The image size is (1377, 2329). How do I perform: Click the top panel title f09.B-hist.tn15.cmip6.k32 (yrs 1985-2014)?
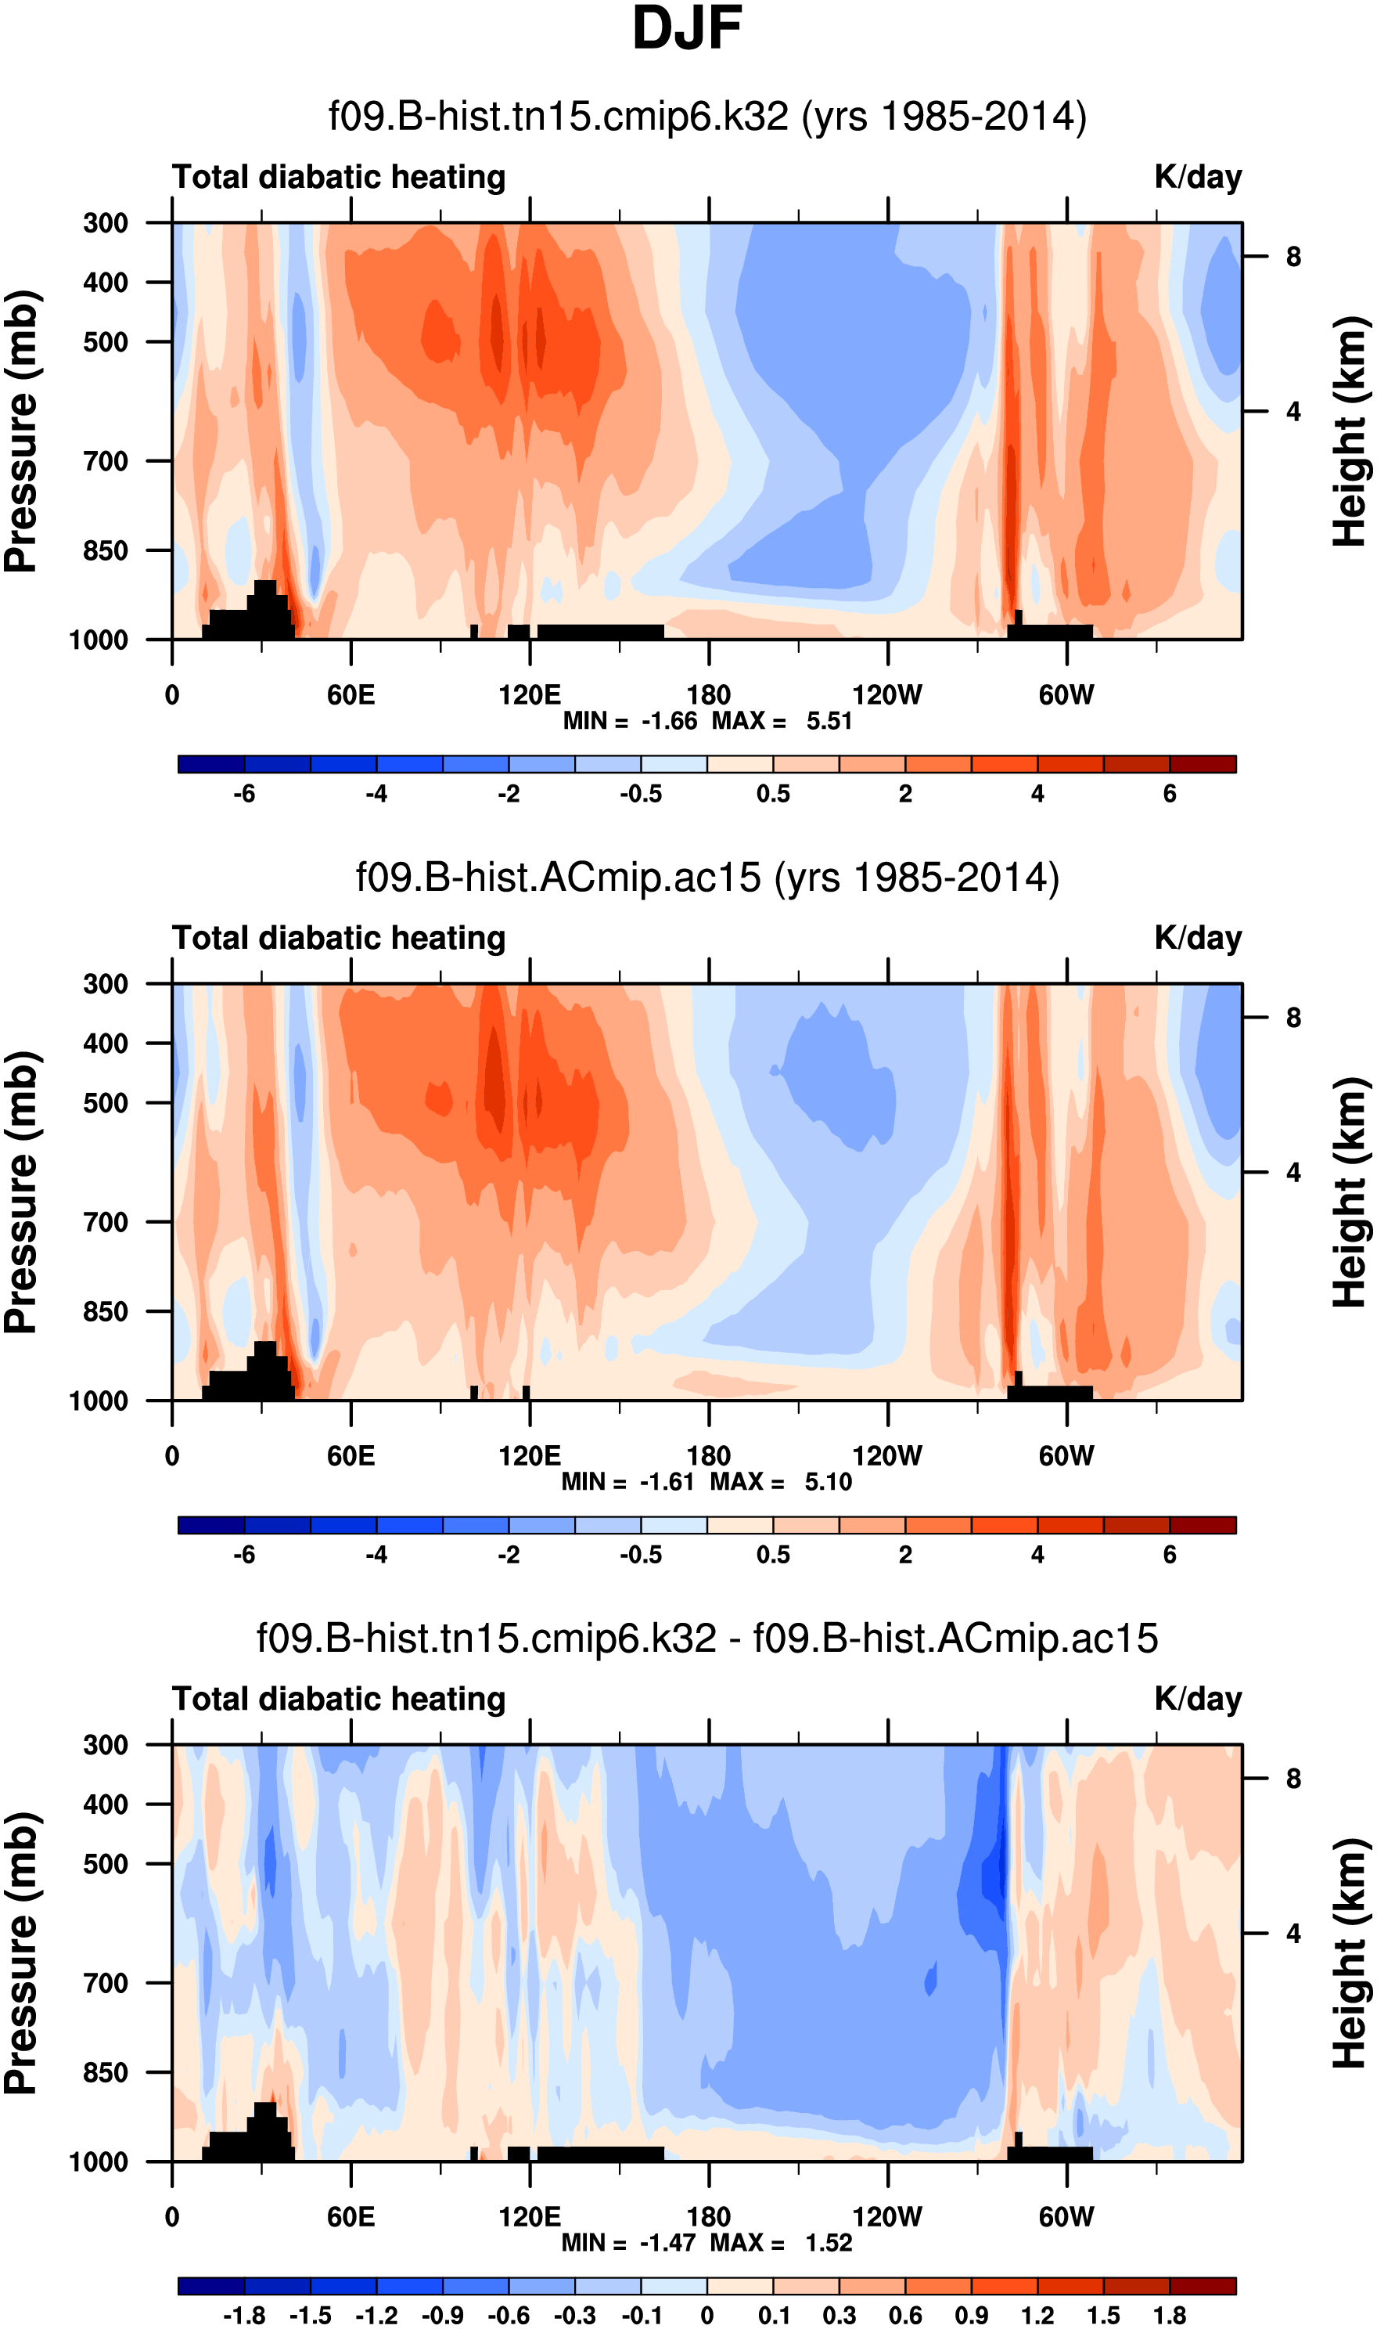click(x=707, y=117)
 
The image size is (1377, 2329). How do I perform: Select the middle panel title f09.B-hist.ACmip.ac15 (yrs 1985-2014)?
click(x=707, y=878)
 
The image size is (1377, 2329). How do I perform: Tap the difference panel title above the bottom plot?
click(x=707, y=1639)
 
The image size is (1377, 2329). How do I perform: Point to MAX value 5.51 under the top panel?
click(x=829, y=721)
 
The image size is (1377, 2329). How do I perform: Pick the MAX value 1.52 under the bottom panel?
click(x=829, y=2243)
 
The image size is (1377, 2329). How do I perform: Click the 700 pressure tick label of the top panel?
click(x=106, y=461)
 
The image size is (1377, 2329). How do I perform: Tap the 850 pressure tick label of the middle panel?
click(x=106, y=1311)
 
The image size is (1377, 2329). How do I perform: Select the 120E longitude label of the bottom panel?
click(x=529, y=2218)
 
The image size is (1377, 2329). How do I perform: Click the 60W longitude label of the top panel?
click(x=1066, y=695)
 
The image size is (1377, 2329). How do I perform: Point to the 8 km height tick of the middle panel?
click(x=1293, y=1018)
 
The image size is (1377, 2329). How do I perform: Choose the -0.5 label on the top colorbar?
click(x=642, y=795)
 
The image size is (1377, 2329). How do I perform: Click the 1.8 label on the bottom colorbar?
click(x=1170, y=2316)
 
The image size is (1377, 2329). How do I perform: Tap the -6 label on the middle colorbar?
click(x=244, y=1555)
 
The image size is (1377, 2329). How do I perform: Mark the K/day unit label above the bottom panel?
click(x=1198, y=1700)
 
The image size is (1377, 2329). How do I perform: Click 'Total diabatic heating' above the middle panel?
click(x=339, y=939)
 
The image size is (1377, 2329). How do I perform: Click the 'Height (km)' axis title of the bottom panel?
click(x=1350, y=1954)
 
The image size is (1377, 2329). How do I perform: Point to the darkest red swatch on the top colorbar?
click(x=1203, y=765)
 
